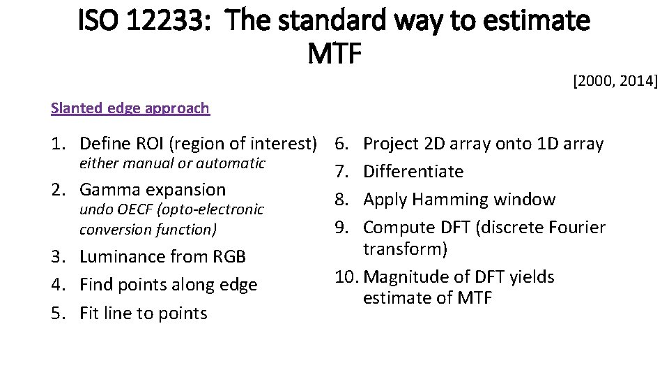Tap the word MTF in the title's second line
[334, 54]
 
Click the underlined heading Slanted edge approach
[130, 108]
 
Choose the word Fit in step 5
[91, 313]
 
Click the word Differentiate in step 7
[413, 172]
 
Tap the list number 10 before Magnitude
[345, 277]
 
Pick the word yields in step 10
[532, 277]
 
